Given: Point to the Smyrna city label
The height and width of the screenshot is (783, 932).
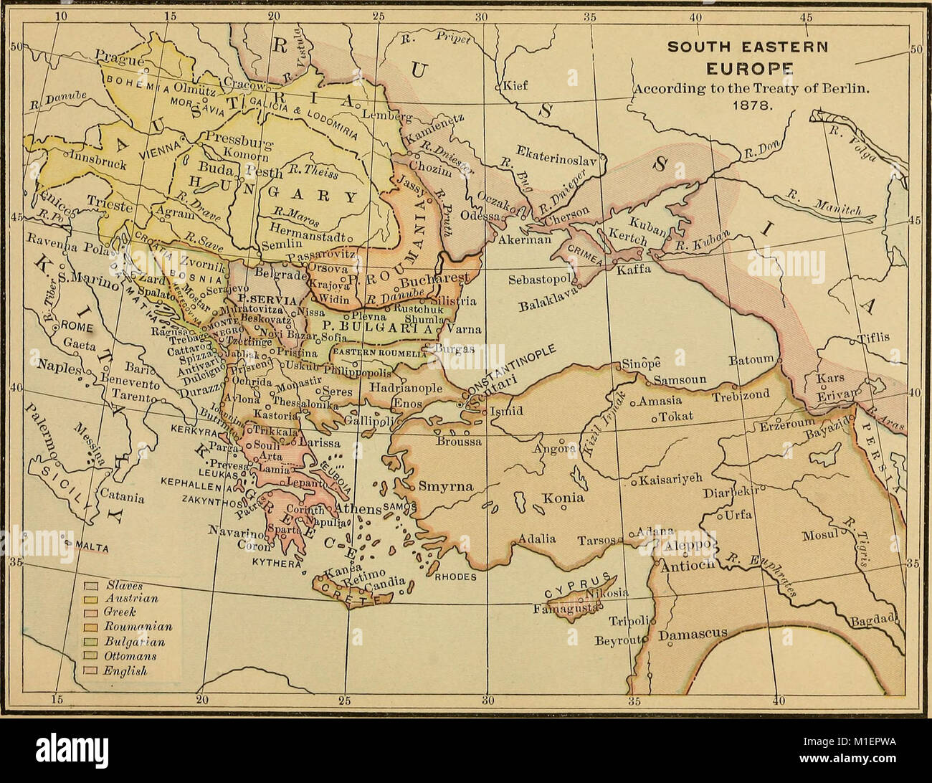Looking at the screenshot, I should pos(446,486).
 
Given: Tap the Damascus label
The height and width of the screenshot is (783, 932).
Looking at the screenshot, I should pos(693,635).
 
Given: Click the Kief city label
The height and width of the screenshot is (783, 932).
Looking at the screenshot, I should pos(515,85).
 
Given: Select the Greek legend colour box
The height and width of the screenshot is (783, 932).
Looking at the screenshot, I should pos(91,613).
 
